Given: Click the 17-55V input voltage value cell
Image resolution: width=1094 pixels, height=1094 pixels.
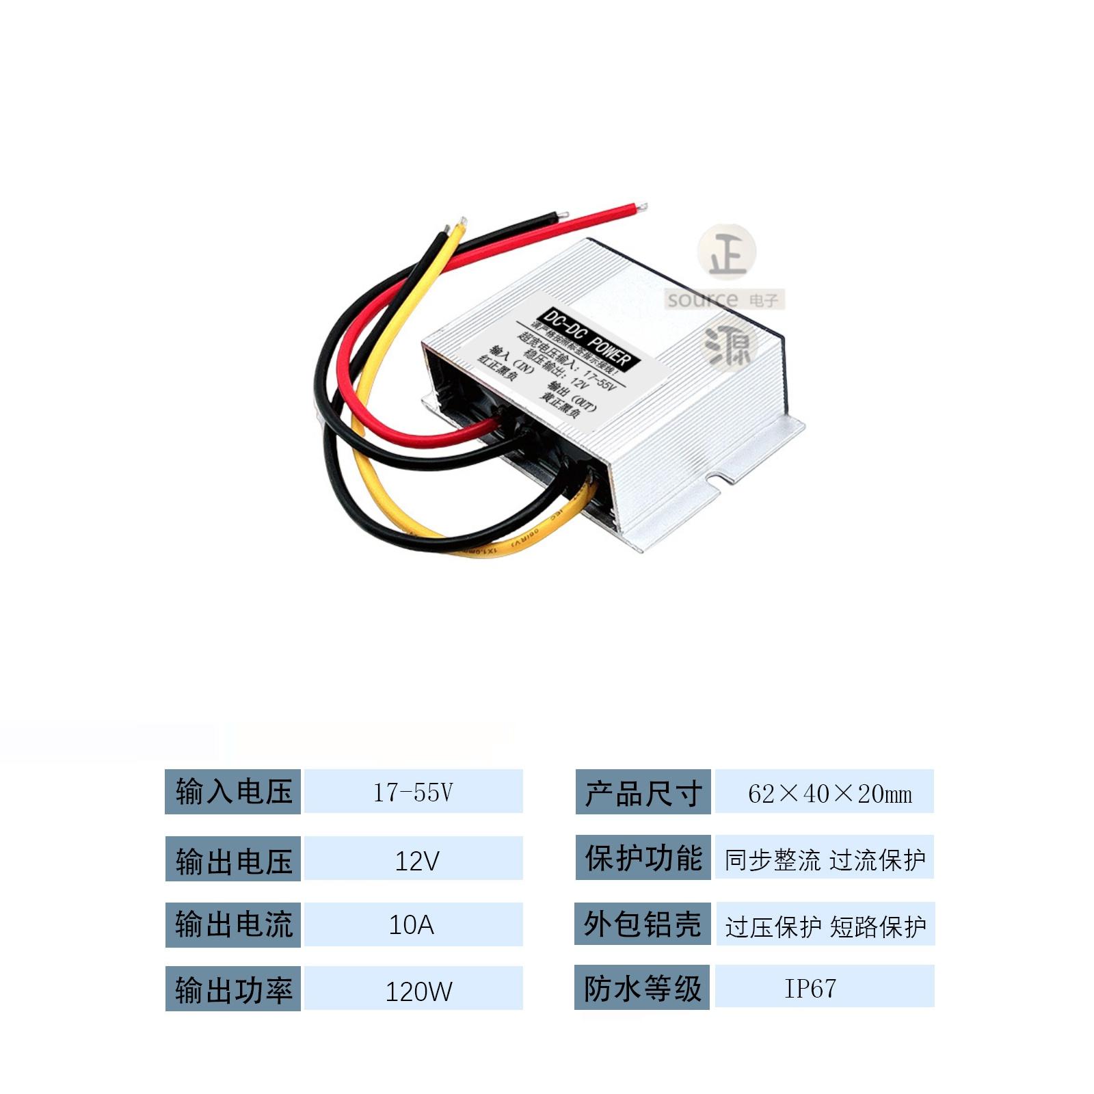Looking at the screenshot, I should (413, 791).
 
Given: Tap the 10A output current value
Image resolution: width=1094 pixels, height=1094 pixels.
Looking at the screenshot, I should (413, 924).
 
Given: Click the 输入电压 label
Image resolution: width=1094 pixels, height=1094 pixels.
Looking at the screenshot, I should (233, 792).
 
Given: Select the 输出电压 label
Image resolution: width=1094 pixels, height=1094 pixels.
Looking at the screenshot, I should (233, 859).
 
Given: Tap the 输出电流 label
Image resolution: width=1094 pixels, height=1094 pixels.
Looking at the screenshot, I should (233, 924).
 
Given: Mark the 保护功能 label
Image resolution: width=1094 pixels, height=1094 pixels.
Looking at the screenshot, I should (643, 857).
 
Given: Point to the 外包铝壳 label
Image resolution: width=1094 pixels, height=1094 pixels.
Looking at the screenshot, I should (643, 924).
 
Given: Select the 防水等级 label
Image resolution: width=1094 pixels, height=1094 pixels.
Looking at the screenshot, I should (643, 987).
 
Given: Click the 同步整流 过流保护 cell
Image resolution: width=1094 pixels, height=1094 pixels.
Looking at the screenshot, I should (825, 858).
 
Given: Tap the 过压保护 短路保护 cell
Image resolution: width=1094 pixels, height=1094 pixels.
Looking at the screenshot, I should (825, 924).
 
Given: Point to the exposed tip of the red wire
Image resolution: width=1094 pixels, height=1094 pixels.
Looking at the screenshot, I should (641, 206).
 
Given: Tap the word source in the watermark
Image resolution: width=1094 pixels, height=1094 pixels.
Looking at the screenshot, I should (703, 299).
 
